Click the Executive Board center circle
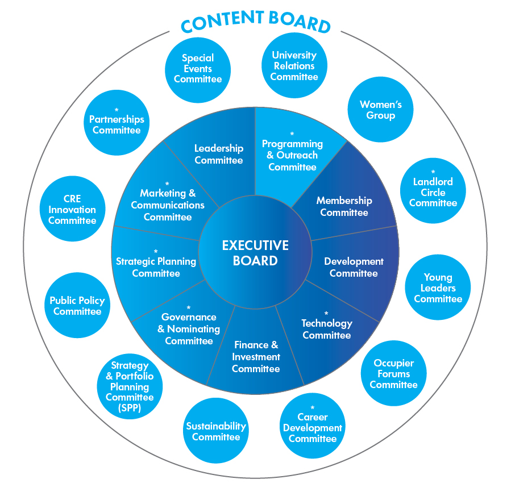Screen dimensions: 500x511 click(255, 253)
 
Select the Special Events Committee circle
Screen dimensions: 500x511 click(198, 69)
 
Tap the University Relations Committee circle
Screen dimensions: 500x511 click(294, 66)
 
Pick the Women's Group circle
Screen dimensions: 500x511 click(380, 110)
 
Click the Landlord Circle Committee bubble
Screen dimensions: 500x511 click(433, 191)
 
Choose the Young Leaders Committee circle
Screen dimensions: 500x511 click(438, 287)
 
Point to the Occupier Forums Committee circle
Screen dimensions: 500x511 click(393, 373)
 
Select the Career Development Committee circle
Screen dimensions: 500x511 click(313, 426)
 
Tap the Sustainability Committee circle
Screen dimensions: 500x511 click(216, 431)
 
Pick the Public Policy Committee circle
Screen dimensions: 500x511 click(77, 306)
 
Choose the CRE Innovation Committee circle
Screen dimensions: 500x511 click(72, 209)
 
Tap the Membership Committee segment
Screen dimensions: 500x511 click(344, 207)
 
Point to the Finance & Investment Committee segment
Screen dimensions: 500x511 click(256, 357)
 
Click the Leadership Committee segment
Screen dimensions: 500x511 click(219, 154)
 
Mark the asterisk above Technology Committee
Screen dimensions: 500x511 click(326, 313)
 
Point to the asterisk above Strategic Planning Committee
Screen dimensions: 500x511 click(156, 251)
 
